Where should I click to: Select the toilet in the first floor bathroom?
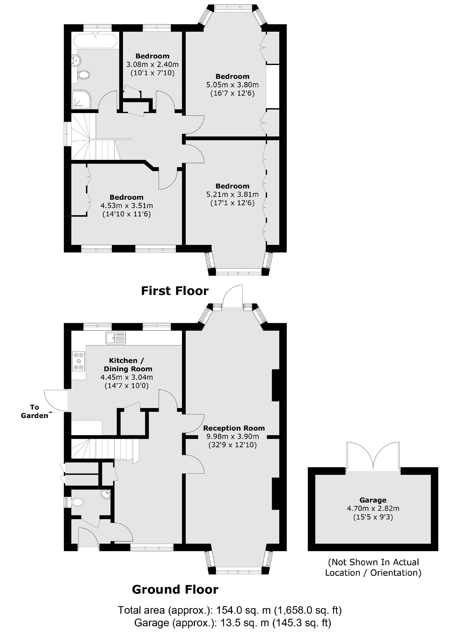pos(83,75)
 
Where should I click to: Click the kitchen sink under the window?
pos(116,338)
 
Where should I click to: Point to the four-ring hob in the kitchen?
pos(79,361)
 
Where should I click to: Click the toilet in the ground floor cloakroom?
pos(77,502)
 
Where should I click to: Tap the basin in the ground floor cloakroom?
pos(106,494)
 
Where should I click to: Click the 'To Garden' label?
pos(35,411)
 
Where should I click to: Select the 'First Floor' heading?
pos(175,291)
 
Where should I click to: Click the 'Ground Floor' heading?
pos(175,590)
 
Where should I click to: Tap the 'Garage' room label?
pos(373,500)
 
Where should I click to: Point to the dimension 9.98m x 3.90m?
pos(232,436)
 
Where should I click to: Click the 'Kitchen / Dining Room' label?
pos(128,365)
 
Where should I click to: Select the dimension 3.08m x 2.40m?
pos(152,65)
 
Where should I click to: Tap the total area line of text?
pos(229,610)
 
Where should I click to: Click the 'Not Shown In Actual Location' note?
pos(373,567)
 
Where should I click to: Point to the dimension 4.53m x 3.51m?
pos(126,206)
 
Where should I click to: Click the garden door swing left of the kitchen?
pos(55,400)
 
